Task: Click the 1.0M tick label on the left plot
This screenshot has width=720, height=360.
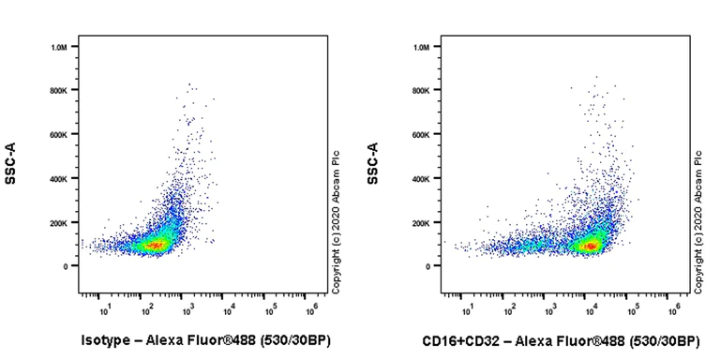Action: [x=59, y=47]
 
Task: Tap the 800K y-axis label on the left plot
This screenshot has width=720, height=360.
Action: [x=59, y=90]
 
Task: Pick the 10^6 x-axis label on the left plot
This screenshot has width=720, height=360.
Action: [x=312, y=308]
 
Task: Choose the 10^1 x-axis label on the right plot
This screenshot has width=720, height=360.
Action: [x=467, y=308]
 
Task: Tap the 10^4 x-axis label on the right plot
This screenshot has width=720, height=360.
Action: [x=591, y=308]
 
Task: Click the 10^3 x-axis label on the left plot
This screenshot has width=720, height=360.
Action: [x=188, y=308]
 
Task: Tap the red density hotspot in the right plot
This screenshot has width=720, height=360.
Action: [x=591, y=246]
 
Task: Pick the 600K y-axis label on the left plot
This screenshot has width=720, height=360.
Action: [x=59, y=134]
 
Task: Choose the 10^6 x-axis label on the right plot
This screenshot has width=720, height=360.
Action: [x=674, y=308]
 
